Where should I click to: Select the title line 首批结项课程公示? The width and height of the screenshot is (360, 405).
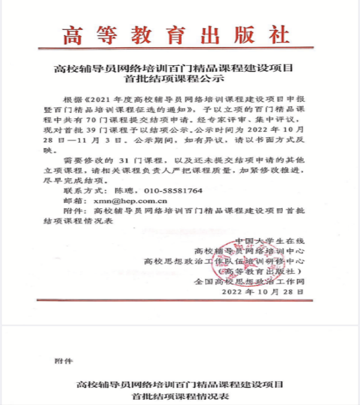pos(179,78)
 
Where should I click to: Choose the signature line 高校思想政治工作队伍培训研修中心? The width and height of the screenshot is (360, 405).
pos(225,261)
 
